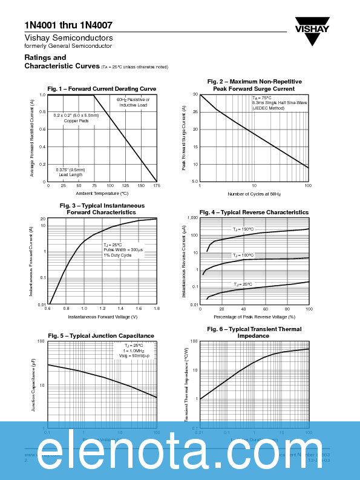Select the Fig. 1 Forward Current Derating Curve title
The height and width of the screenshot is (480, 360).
[102, 89]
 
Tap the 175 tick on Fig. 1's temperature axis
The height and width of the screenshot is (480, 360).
[156, 186]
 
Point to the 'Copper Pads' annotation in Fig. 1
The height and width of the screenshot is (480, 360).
[76, 120]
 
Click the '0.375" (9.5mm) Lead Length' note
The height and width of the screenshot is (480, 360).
[71, 172]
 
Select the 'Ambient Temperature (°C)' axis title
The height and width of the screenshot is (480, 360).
[102, 193]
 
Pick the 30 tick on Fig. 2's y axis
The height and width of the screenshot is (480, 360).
[195, 95]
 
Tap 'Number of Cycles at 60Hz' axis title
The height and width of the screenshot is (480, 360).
[254, 194]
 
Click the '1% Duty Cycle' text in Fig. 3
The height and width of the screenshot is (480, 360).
[117, 255]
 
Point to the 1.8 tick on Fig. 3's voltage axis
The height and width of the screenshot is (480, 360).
[156, 309]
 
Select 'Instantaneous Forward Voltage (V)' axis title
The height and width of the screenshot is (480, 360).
[102, 317]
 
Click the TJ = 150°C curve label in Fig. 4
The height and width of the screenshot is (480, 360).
[243, 229]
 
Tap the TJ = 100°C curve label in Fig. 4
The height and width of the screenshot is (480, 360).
[243, 255]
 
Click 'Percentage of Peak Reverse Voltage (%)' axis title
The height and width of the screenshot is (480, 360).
[254, 317]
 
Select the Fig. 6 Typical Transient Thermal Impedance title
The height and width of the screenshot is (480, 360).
[254, 332]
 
